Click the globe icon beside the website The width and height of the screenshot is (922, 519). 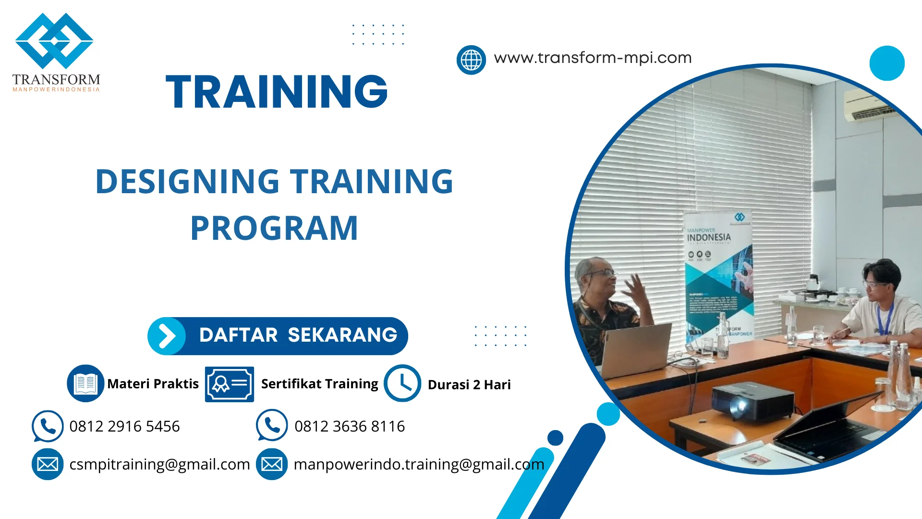[x=471, y=60]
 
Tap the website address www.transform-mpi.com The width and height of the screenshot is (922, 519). [x=593, y=58]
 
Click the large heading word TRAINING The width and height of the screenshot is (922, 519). [x=277, y=92]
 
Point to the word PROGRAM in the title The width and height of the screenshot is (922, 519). [x=274, y=228]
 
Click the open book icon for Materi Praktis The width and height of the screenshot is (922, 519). [x=85, y=383]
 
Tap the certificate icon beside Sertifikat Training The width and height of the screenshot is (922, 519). [x=229, y=384]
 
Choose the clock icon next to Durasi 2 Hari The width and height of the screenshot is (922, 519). [x=402, y=383]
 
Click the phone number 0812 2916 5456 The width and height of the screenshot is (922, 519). [x=124, y=426]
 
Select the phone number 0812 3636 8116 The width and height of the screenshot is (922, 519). [x=350, y=426]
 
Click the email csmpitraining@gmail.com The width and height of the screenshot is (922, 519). [x=159, y=464]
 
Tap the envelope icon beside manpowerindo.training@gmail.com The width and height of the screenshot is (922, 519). [x=272, y=464]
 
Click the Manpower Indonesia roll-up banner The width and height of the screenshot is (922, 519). [x=719, y=279]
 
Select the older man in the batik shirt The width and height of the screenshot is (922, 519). [x=606, y=308]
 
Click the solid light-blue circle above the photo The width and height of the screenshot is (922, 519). [x=886, y=63]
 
